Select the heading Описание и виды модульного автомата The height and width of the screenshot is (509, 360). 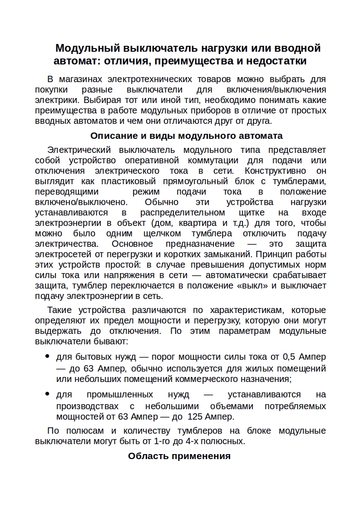click(186, 136)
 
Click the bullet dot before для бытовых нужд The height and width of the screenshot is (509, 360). click(47, 356)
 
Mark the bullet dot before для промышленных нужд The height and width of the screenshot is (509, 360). click(47, 394)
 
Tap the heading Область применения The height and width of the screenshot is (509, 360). click(179, 456)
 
